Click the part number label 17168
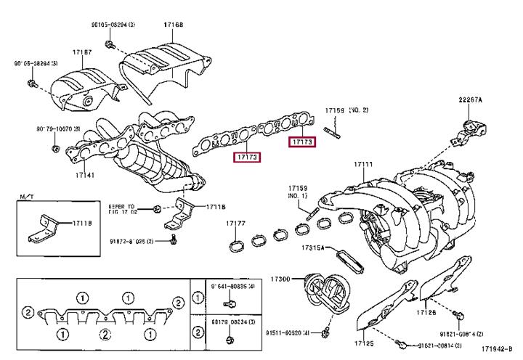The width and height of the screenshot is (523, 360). point(174,25)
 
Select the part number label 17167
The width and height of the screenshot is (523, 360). point(81,53)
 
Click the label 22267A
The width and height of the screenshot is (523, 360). point(470,99)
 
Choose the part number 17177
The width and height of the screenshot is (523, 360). point(236,224)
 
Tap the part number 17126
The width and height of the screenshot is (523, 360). point(426,312)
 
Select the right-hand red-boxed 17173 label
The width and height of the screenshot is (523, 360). point(302,142)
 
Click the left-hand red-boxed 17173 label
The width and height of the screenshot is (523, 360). point(246,157)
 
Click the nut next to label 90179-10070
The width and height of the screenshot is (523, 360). point(57,150)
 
